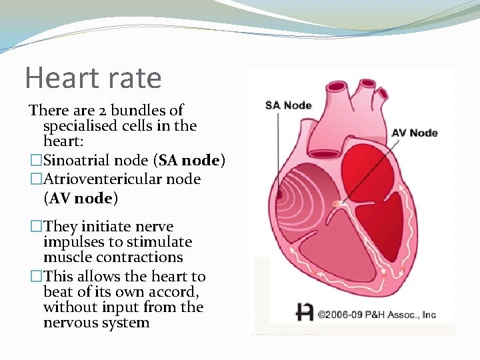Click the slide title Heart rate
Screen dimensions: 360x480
[93, 78]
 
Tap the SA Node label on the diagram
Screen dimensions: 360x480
[288, 105]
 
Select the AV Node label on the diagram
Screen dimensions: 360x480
[414, 133]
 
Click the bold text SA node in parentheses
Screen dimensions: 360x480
[189, 161]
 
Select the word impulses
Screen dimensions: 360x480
[73, 241]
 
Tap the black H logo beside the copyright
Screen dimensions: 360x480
[305, 312]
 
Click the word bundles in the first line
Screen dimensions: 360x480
[133, 110]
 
